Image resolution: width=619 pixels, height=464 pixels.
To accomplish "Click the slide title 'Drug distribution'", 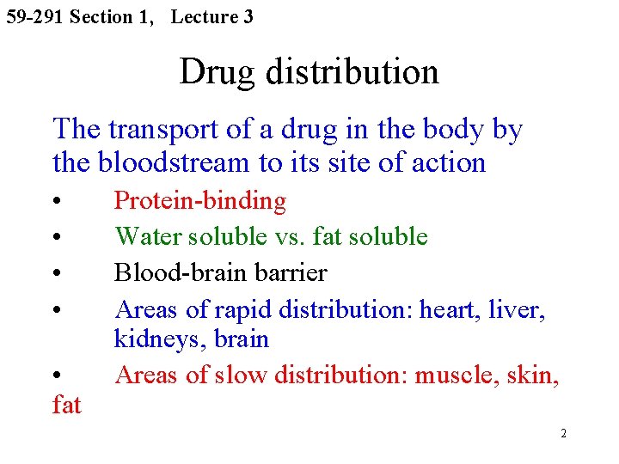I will click(309, 71).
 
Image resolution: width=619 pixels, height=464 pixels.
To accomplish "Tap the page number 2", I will click(563, 433).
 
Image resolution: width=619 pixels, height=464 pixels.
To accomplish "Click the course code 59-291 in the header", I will click(34, 16).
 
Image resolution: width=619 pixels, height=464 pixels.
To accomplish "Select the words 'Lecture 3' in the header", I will click(211, 16).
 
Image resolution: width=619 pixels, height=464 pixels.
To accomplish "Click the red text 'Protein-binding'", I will click(200, 201).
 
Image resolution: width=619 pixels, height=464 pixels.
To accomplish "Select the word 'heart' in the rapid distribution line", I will click(446, 308).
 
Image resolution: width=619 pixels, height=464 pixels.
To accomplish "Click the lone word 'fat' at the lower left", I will click(66, 404).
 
